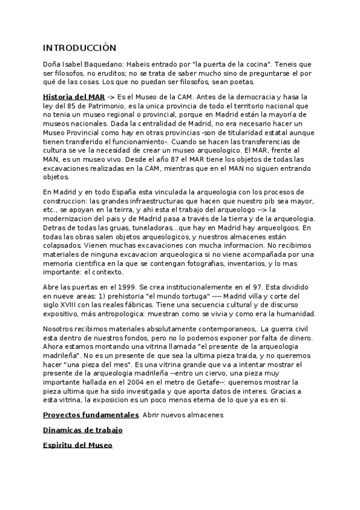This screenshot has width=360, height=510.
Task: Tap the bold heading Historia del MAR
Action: [x=74, y=96]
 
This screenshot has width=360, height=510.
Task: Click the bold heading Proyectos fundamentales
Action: [x=91, y=415]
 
